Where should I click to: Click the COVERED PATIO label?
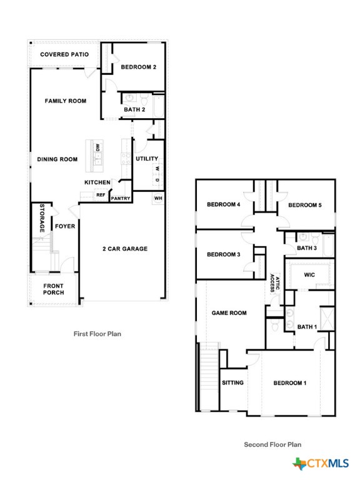point(64,54)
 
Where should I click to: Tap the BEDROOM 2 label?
point(138,67)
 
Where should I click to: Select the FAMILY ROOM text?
point(65,101)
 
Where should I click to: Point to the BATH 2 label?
point(134,109)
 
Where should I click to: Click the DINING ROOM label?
point(57,159)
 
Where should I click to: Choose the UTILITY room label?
point(147,159)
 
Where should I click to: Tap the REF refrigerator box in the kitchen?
point(100,195)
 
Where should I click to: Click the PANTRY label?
point(121,199)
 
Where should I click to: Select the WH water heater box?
point(158,198)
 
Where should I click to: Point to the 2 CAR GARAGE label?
point(125,249)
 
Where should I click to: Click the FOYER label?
point(65,226)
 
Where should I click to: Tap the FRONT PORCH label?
point(53,290)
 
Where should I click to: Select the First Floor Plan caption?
point(97,334)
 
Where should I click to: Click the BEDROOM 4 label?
point(223,204)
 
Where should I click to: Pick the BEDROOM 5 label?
point(304,204)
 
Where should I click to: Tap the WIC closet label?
point(309,274)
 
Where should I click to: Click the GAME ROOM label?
point(229,313)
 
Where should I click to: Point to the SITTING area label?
point(233,382)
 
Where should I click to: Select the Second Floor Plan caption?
point(272,444)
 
